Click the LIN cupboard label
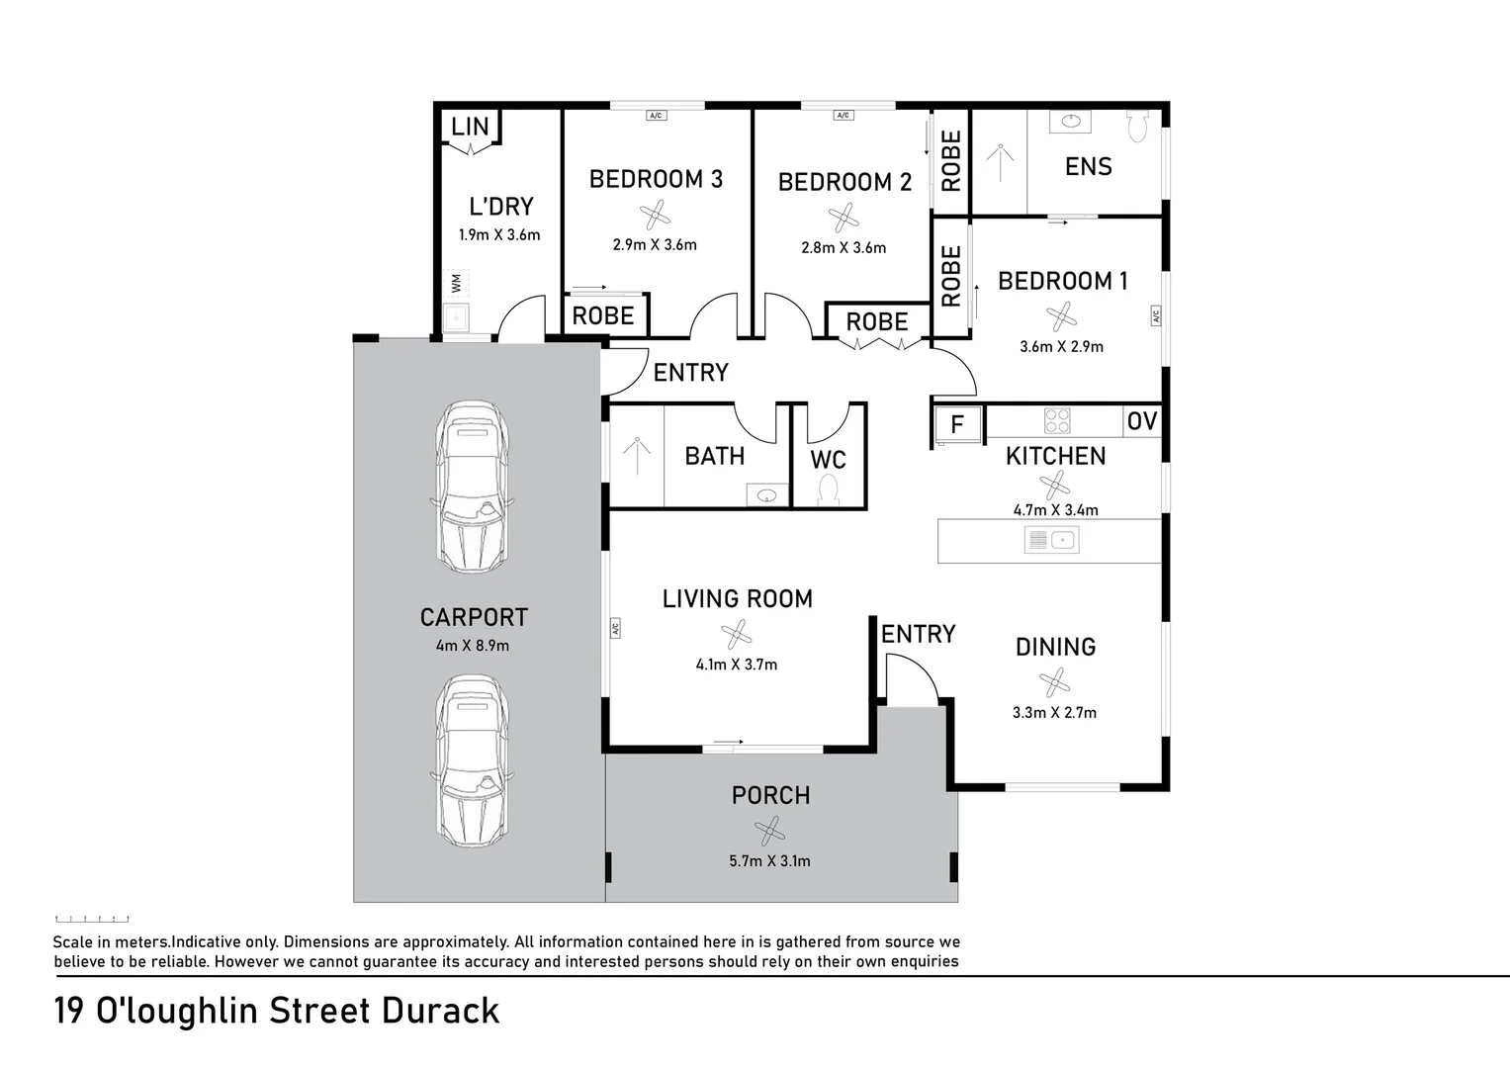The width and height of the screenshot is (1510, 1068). point(470,127)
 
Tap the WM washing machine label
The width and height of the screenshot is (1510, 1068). point(456,283)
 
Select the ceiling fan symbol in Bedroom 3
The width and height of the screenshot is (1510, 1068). point(655,215)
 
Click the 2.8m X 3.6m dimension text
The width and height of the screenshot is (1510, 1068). point(844,248)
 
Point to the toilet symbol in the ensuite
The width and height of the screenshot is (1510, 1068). point(1137,126)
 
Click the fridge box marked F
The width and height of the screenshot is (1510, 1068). point(957,425)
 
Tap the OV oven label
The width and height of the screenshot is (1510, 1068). point(1141,421)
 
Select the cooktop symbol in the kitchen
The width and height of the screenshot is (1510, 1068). point(1057,421)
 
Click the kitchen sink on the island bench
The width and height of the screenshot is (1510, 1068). point(1051,540)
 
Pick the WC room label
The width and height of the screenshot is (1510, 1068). point(829,460)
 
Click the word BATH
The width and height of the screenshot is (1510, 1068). point(715,456)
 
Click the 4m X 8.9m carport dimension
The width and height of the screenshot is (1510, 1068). point(473,646)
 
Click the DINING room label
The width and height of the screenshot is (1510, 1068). point(1055,647)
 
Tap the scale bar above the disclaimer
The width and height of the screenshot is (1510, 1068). point(92,920)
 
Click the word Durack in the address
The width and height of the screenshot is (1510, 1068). point(440,1012)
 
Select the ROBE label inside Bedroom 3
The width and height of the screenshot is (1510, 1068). point(603,316)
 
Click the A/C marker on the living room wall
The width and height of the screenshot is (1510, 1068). point(614,627)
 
